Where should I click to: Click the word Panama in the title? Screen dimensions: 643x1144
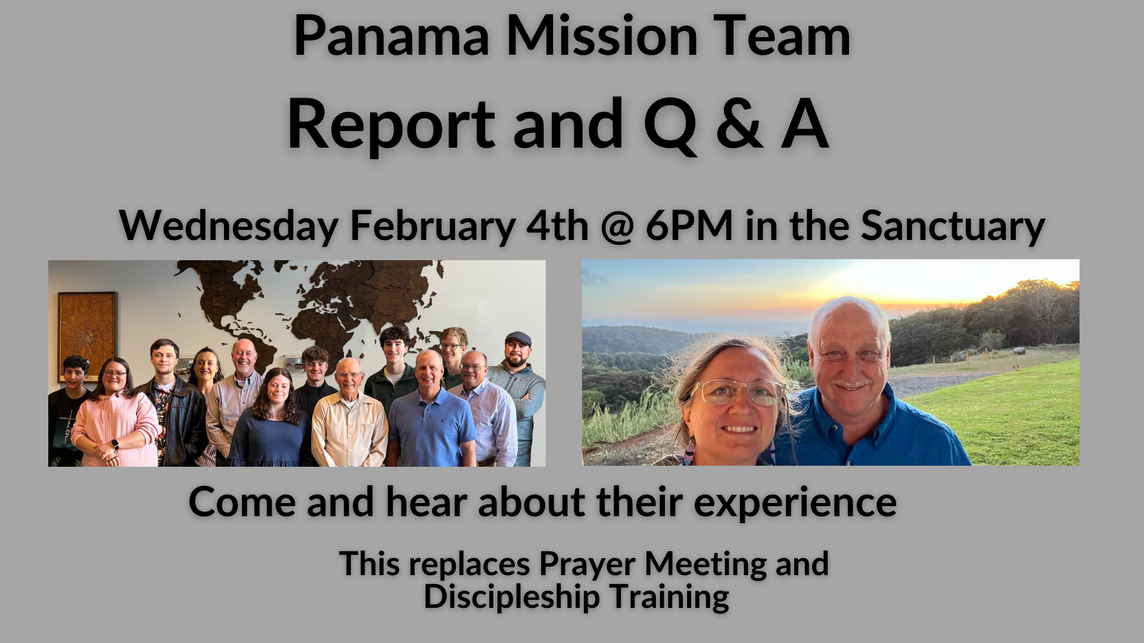coord(391,37)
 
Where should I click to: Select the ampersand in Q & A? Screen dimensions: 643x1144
coord(739,124)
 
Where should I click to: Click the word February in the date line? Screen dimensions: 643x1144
coord(432,227)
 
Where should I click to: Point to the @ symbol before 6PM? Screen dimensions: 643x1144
coord(617,227)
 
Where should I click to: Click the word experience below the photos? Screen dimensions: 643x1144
coord(795,502)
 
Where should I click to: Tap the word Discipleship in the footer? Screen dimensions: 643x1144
coord(511,597)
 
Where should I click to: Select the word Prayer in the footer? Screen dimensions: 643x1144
coord(587,564)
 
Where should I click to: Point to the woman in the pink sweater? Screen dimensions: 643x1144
coord(116,417)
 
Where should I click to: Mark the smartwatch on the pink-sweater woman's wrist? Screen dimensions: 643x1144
coord(114,444)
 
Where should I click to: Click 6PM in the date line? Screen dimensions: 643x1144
coord(689,227)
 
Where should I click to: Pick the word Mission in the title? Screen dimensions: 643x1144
coord(602,37)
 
